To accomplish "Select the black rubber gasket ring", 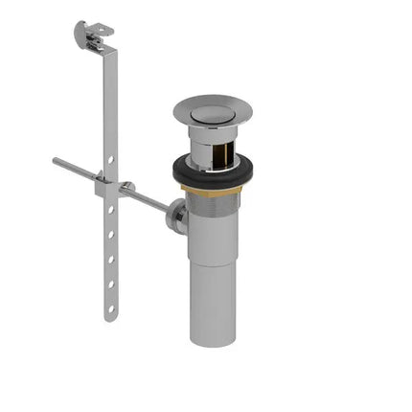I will (182, 172).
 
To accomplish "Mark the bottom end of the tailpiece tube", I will (212, 340).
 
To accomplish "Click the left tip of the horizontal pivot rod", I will (56, 161).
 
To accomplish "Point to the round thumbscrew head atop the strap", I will (80, 33).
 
